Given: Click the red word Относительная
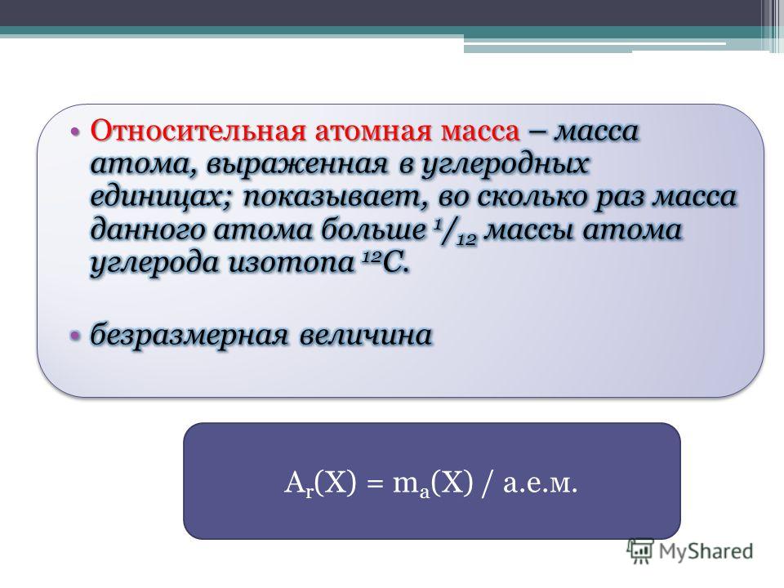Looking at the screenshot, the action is (198, 131).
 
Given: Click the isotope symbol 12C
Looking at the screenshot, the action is (385, 262).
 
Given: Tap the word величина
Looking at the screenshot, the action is (366, 334).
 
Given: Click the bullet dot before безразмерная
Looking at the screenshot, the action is (74, 335).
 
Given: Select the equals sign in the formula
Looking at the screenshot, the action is (375, 485).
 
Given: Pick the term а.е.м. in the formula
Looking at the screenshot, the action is (541, 484).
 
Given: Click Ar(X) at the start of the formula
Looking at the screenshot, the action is (320, 484).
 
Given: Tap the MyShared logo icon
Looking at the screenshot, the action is (640, 551).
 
